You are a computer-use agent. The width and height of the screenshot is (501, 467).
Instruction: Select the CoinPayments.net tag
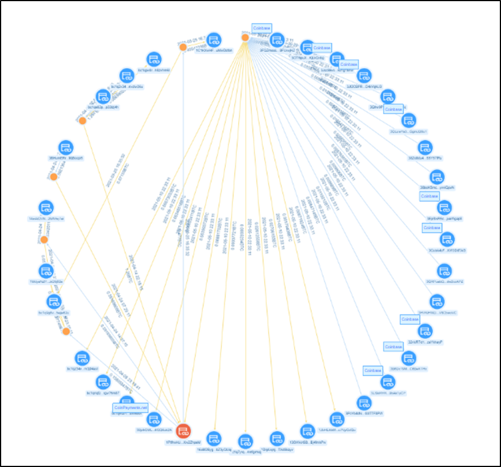click(131, 407)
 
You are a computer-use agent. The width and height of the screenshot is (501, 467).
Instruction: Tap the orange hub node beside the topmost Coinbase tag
click(245, 38)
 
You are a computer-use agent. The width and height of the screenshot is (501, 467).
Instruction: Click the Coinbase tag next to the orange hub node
click(262, 28)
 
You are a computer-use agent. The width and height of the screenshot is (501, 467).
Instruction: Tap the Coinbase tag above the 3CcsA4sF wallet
click(432, 227)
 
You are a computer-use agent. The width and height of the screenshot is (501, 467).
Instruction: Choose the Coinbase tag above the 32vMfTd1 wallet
click(409, 319)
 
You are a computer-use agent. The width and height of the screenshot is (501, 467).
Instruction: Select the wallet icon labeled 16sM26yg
click(214, 438)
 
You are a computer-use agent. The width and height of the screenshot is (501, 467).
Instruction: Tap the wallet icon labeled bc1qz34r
click(82, 358)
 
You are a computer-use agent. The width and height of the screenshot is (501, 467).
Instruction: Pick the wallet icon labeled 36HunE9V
click(65, 147)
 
